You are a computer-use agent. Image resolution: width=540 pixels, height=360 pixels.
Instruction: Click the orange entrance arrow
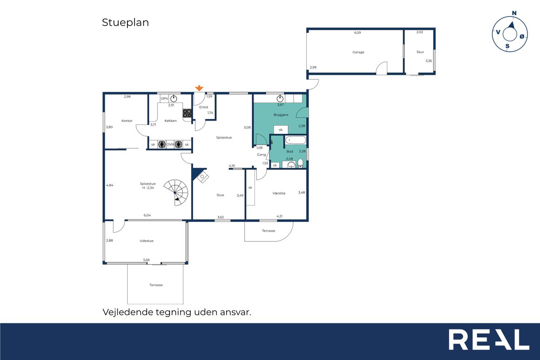pyautogui.click(x=199, y=88)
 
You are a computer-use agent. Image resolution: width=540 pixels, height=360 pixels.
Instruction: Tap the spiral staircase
pyautogui.click(x=176, y=192)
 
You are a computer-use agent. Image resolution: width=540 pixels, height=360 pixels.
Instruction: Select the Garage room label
pyautogui.click(x=358, y=52)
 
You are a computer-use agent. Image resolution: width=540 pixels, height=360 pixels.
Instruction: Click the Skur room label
pyautogui.click(x=420, y=52)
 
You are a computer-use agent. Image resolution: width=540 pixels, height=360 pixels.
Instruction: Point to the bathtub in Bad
pyautogui.click(x=296, y=140)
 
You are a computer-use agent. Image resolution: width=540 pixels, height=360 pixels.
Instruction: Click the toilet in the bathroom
pyautogui.click(x=300, y=163)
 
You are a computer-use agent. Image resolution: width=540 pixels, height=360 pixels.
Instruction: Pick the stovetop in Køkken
pyautogui.click(x=187, y=113)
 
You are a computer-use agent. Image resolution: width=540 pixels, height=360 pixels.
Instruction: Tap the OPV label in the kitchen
pyautogui.click(x=164, y=98)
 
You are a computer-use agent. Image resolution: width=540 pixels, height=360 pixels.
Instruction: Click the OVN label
pyautogui.click(x=170, y=144)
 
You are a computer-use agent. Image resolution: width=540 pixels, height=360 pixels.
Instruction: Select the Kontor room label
pyautogui.click(x=127, y=121)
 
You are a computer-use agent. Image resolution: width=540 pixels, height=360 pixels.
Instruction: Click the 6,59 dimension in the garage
pyautogui.click(x=357, y=32)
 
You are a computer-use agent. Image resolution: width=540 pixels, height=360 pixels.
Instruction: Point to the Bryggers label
pyautogui.click(x=281, y=115)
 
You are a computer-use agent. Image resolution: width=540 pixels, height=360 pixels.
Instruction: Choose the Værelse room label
pyautogui.click(x=279, y=193)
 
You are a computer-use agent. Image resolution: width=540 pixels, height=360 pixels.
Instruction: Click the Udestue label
pyautogui.click(x=146, y=241)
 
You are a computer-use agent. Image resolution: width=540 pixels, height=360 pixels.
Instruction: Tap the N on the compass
pyautogui.click(x=514, y=13)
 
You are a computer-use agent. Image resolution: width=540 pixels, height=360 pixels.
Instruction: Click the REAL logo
pyautogui.click(x=489, y=339)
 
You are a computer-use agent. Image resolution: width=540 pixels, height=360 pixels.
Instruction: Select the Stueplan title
pyautogui.click(x=125, y=23)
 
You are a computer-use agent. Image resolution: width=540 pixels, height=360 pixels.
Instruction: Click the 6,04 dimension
pyautogui.click(x=147, y=215)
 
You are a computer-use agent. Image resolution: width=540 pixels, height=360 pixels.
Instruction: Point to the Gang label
pyautogui.click(x=261, y=154)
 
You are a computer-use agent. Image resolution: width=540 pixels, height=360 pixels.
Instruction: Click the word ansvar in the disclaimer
pyautogui.click(x=235, y=312)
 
